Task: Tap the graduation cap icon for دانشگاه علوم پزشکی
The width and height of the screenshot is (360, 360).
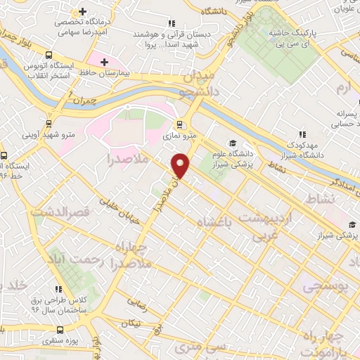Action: click(233, 143)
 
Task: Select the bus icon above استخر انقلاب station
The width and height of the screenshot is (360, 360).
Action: click(49, 56)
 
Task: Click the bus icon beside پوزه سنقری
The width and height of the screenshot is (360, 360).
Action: click(60, 329)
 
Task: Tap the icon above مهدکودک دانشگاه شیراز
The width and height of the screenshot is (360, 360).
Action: click(302, 134)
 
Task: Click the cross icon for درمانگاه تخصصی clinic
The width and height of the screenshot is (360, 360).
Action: click(84, 12)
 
